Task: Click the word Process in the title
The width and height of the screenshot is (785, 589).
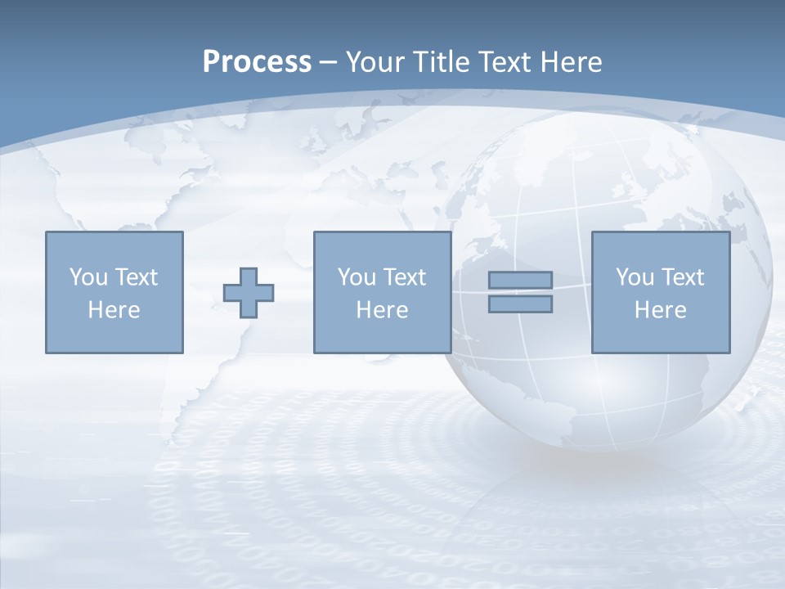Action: [x=257, y=62]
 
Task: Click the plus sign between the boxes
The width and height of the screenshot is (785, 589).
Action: [x=249, y=293]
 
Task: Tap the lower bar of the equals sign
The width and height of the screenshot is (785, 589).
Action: [x=520, y=304]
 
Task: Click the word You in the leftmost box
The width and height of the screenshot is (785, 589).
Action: [x=88, y=277]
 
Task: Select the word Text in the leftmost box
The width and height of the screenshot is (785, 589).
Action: [x=136, y=277]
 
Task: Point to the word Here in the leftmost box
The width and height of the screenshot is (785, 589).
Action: [x=114, y=310]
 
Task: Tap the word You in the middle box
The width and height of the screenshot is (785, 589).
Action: [x=357, y=277]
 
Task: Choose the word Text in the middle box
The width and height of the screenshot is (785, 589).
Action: [x=404, y=277]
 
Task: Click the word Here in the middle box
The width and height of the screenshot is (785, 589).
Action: [x=382, y=310]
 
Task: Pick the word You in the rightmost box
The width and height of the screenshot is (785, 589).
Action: [x=635, y=277]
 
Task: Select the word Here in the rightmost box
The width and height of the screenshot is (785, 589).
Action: [x=660, y=310]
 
